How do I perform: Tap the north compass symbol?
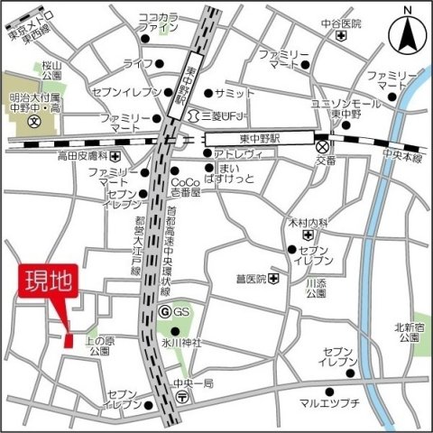point(407,35)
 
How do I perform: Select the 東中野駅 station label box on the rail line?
point(258,139)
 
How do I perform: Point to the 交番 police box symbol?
point(322,145)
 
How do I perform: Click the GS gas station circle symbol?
point(164,311)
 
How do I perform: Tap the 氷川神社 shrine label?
point(181,343)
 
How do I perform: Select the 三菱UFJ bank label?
point(230,116)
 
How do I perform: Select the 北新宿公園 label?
point(406,332)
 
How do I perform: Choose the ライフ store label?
point(138,62)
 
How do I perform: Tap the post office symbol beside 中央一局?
point(182,394)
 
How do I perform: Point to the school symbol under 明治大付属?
point(34,120)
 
